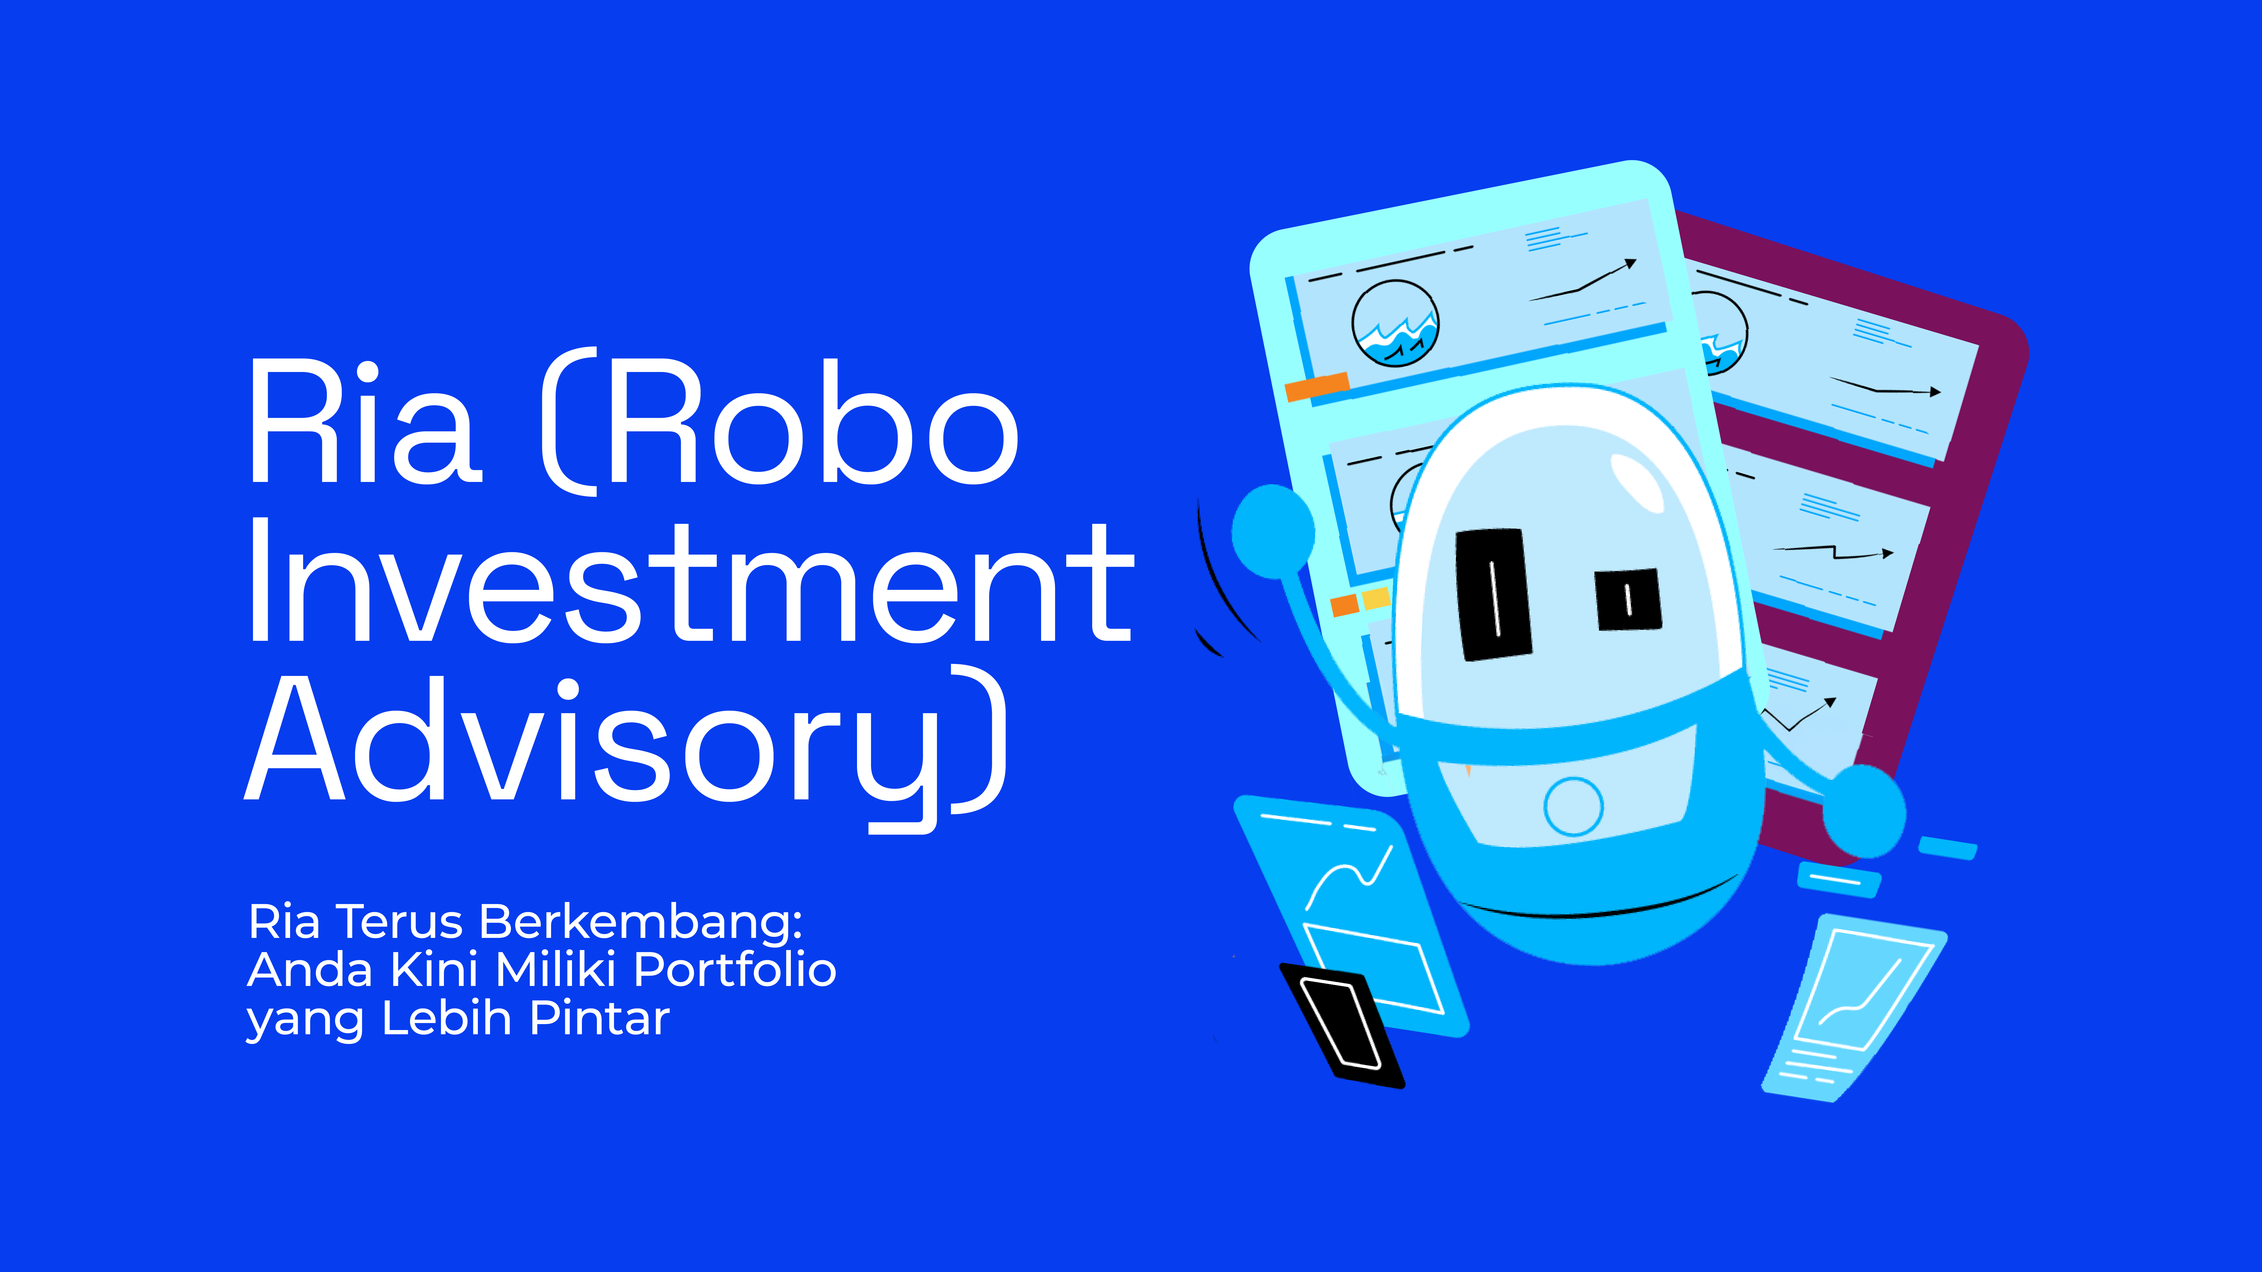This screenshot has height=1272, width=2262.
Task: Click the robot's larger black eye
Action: pyautogui.click(x=1493, y=593)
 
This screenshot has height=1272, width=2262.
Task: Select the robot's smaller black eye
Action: pyautogui.click(x=1628, y=599)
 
